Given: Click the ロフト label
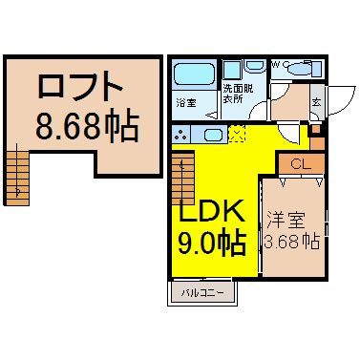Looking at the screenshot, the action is point(80,86).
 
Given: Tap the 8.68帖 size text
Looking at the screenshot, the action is point(88,125).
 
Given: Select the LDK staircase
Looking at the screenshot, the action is point(183,179).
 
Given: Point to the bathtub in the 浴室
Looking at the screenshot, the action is point(195,74).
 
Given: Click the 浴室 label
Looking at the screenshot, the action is point(186,103).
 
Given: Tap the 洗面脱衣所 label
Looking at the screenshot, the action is point(238,94).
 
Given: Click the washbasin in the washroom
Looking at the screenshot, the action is point(255,66).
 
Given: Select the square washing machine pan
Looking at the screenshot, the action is point(232,70).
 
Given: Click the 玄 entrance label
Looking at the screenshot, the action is point(316,102).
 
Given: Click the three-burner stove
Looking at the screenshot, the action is point(181,134).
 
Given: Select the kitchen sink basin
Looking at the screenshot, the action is point(213,135).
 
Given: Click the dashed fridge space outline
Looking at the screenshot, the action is point(237,134).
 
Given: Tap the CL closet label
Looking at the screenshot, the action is point(301,164).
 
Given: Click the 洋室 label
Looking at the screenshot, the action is point(286,220).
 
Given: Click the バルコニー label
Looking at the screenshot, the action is point(202,293).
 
